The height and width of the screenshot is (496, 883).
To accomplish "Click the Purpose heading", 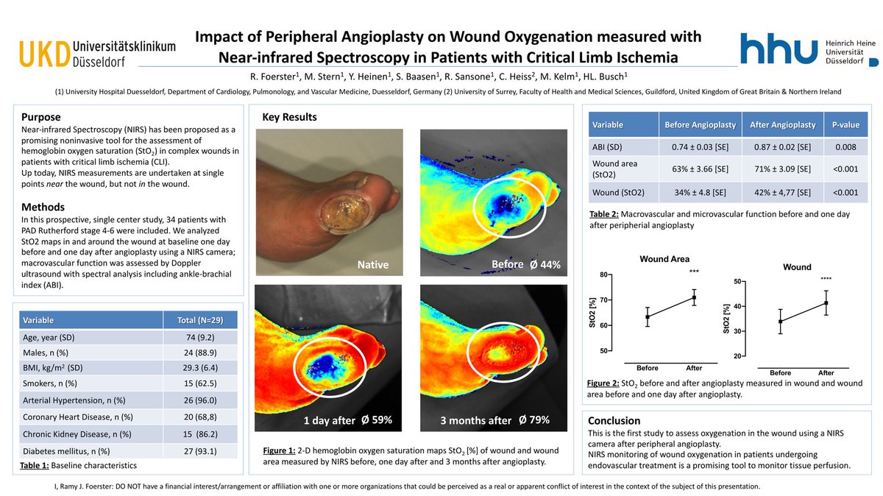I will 41,117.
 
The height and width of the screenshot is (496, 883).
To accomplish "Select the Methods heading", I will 43,207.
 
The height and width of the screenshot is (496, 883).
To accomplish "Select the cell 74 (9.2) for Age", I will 200,337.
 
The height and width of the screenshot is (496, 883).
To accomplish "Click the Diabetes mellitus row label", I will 66,450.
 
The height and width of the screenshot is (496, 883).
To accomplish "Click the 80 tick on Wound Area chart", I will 603,275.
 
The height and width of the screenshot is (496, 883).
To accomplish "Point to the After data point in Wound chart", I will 826,302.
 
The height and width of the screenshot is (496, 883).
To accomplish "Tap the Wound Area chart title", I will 664,259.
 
